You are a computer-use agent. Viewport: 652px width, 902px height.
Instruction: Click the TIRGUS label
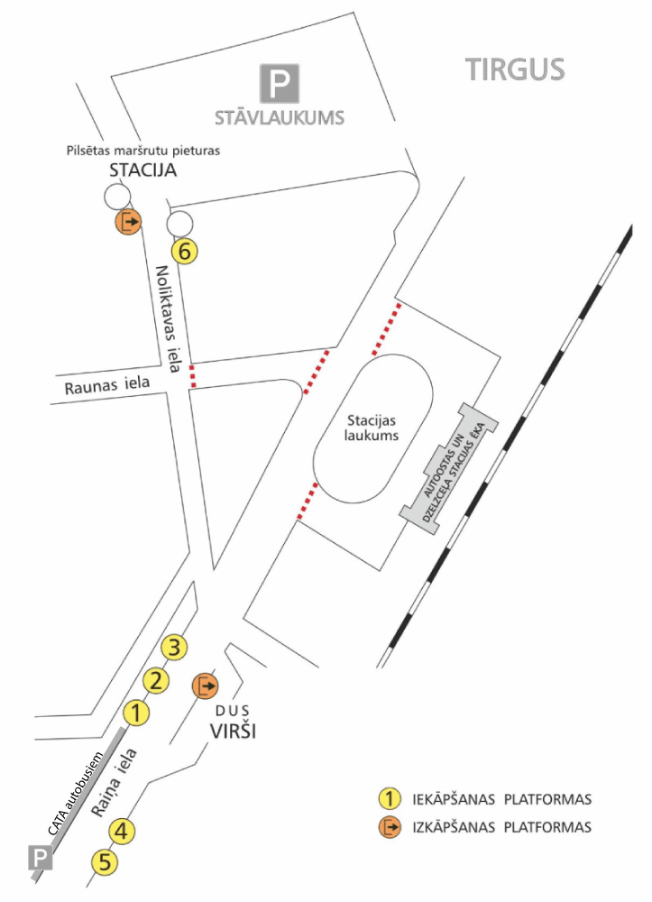tap(514, 69)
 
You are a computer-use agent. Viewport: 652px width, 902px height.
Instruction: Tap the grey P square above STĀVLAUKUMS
tap(280, 83)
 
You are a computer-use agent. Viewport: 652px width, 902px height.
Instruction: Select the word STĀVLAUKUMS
tap(280, 117)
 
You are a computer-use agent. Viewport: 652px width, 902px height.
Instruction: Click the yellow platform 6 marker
tap(185, 252)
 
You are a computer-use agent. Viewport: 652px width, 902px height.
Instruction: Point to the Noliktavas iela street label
tap(169, 318)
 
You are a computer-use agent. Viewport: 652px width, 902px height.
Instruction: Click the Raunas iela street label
tap(107, 386)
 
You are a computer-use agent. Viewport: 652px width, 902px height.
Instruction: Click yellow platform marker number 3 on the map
tap(176, 647)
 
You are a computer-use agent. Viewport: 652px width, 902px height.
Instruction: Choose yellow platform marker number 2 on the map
tap(156, 680)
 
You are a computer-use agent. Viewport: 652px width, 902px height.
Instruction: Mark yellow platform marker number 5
tap(106, 862)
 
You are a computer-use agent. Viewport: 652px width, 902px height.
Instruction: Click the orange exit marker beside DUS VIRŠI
tap(206, 686)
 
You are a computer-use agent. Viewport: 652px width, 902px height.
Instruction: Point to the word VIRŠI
tap(234, 731)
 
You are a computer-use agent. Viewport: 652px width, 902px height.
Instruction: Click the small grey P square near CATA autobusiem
tap(41, 857)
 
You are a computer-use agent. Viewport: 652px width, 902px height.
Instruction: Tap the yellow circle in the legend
tap(389, 798)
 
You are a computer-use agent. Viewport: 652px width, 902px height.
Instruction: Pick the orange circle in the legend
tap(389, 826)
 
